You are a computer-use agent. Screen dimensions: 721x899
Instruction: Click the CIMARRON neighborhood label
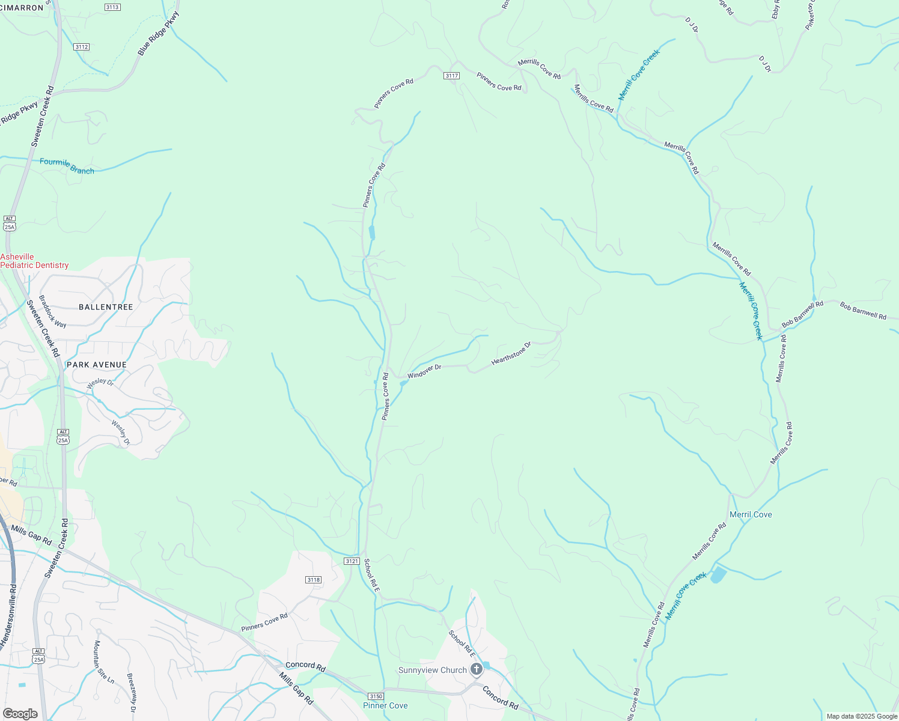22,8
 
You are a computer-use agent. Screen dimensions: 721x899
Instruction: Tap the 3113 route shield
112,7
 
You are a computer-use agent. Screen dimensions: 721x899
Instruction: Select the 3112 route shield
82,47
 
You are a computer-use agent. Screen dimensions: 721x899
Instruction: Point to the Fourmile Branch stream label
67,166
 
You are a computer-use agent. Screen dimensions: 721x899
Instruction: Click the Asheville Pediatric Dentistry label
34,261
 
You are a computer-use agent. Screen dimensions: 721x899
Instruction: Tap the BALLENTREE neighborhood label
106,307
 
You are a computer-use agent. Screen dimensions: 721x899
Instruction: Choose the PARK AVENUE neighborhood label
97,365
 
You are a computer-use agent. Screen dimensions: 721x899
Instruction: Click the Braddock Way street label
52,311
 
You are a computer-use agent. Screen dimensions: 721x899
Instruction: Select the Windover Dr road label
424,371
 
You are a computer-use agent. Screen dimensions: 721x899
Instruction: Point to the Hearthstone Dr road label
511,353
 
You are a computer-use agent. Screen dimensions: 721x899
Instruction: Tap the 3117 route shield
452,76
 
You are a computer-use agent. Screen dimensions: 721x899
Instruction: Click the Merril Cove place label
751,514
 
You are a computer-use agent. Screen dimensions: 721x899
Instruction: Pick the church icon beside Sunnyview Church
477,669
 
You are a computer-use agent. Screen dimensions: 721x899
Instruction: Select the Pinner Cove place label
385,705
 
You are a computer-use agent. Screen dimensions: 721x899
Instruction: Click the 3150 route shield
376,696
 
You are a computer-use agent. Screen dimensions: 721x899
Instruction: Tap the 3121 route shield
352,561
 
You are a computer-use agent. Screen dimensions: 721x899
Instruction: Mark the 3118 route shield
313,580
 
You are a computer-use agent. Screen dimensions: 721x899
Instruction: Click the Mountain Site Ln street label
103,662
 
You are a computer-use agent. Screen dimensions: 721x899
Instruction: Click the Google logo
20,713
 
